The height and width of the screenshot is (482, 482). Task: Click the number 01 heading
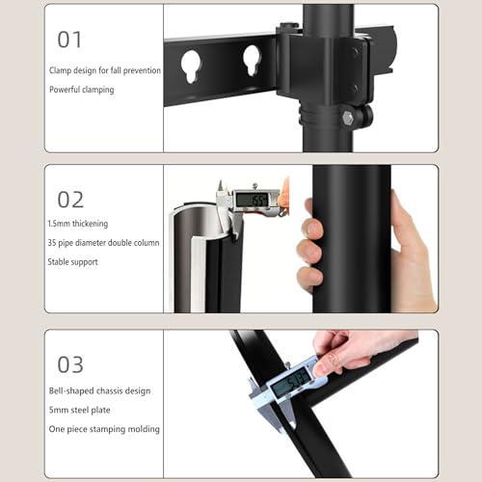(x=69, y=40)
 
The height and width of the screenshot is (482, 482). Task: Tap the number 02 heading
(x=70, y=200)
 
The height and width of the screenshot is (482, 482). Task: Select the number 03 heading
(x=70, y=364)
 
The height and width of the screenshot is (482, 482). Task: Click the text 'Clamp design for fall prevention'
(x=105, y=70)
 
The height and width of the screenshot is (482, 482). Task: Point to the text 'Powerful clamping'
(x=82, y=90)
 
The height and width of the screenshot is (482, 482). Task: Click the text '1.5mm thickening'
(x=78, y=224)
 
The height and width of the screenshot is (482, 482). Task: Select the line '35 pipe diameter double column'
(x=103, y=243)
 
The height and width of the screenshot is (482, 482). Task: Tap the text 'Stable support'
(x=72, y=262)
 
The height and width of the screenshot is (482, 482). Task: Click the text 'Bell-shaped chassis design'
(x=99, y=391)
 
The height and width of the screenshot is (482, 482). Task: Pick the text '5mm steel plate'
(x=80, y=410)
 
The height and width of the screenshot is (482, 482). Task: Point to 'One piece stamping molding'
(x=104, y=429)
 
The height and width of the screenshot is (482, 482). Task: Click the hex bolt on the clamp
(x=348, y=119)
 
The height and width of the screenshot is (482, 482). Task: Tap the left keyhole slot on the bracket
(x=191, y=67)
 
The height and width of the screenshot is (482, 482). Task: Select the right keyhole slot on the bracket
(x=252, y=61)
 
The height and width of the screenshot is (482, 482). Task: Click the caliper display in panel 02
(x=252, y=201)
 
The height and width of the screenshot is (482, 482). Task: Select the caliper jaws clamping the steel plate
(x=273, y=412)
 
